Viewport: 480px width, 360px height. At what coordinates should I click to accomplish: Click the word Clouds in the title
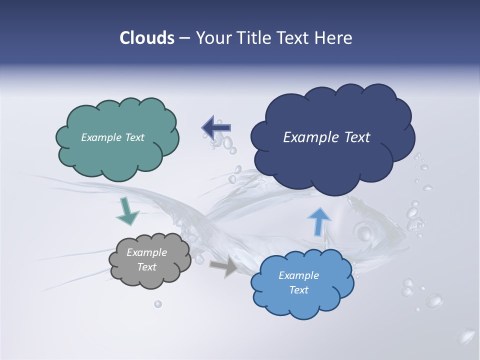click(x=147, y=38)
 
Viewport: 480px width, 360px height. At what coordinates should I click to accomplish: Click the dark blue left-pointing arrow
click(x=216, y=128)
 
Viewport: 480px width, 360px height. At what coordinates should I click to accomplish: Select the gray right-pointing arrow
click(x=224, y=266)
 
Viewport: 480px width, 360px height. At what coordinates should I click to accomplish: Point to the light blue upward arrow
click(x=318, y=221)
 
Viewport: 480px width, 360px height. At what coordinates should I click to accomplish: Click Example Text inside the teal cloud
click(x=112, y=137)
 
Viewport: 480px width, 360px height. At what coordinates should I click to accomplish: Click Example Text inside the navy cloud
click(x=326, y=137)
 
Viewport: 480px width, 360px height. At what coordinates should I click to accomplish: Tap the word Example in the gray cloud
click(x=146, y=252)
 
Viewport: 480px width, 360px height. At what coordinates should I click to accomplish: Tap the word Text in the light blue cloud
click(x=299, y=290)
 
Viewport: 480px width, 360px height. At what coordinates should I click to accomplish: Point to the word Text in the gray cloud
click(x=146, y=267)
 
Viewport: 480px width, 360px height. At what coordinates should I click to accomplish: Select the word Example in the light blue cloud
click(x=298, y=275)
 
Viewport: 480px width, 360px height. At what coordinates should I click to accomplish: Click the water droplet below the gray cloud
click(x=158, y=303)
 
